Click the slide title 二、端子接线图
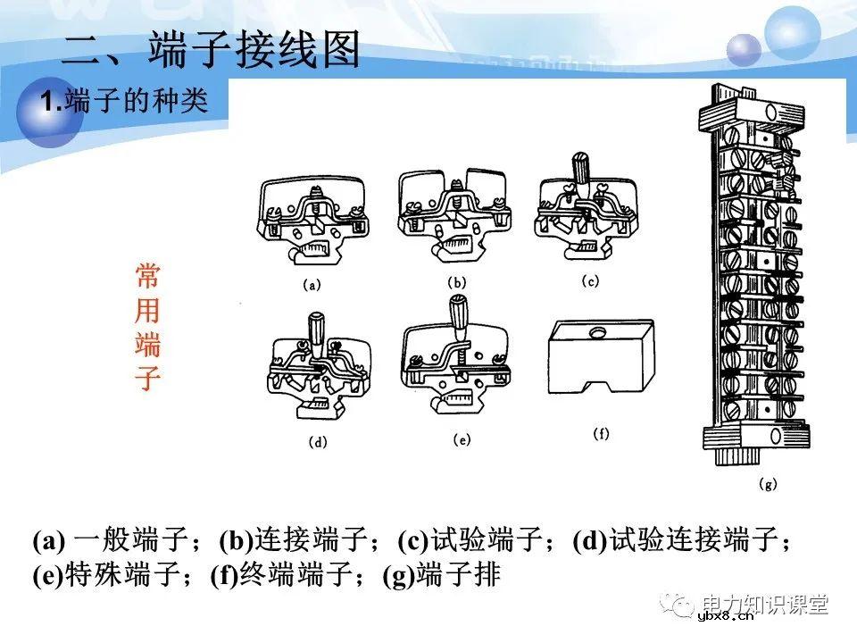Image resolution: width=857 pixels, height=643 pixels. pos(211,50)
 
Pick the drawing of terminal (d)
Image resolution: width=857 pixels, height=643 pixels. pos(318,370)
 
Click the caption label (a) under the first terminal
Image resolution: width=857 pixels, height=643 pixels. pos(312,287)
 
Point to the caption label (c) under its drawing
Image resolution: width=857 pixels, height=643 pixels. pos(590,280)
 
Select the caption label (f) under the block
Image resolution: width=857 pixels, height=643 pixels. pos(601,434)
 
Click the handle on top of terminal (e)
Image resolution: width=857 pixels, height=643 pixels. pos(461,311)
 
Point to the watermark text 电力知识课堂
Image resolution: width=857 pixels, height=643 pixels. pos(765,604)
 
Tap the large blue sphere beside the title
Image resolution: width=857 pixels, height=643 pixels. pos(792,34)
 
